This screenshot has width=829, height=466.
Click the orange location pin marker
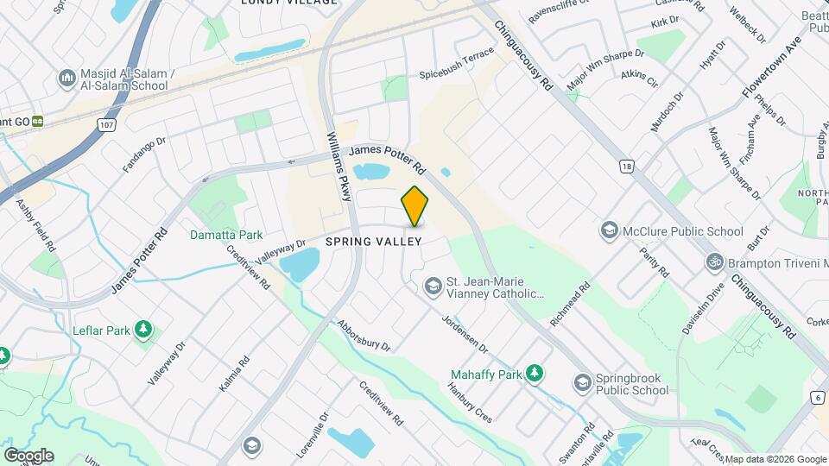coord(414,206)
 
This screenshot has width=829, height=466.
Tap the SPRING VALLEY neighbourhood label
coord(373,242)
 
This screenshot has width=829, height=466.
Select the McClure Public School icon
coord(611,230)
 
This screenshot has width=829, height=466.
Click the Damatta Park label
coord(226,235)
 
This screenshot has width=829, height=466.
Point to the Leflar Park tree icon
coord(143,329)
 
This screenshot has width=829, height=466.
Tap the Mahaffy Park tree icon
coord(535,374)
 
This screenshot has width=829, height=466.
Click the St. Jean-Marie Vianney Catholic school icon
coord(431,287)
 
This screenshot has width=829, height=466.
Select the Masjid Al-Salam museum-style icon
coord(67,80)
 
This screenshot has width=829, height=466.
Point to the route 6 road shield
coord(817,396)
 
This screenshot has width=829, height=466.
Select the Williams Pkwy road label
coord(339,166)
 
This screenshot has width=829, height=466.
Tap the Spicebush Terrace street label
coord(457,63)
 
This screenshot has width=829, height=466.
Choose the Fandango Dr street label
coord(143,154)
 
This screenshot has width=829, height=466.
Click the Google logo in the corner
coord(28,455)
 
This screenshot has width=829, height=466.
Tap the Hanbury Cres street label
coord(471,403)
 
